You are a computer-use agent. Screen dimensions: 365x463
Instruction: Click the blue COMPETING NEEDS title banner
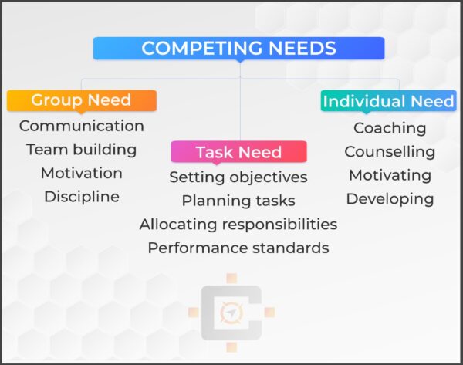click(x=239, y=48)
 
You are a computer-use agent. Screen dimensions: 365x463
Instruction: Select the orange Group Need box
click(x=81, y=100)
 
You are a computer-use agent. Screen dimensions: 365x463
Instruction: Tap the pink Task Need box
click(x=238, y=151)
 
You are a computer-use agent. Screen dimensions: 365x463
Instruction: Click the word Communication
click(x=81, y=125)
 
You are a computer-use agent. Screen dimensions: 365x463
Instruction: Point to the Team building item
click(x=81, y=149)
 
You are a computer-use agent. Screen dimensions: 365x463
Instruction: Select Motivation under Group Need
click(x=81, y=172)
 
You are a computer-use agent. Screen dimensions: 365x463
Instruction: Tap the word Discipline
click(x=81, y=196)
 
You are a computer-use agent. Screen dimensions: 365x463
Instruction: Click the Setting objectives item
click(x=238, y=177)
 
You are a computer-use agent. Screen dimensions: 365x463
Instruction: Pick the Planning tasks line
click(x=238, y=201)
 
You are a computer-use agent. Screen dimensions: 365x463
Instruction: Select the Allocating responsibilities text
click(x=238, y=224)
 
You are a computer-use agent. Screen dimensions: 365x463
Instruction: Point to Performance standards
click(x=238, y=248)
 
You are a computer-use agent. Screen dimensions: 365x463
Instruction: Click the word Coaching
click(x=390, y=127)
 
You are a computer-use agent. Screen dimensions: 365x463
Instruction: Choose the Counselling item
click(x=390, y=151)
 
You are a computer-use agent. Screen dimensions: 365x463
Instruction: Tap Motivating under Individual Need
click(x=390, y=174)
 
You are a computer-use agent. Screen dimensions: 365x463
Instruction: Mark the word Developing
click(x=390, y=198)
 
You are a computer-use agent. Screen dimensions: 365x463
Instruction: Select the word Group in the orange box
click(x=56, y=100)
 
